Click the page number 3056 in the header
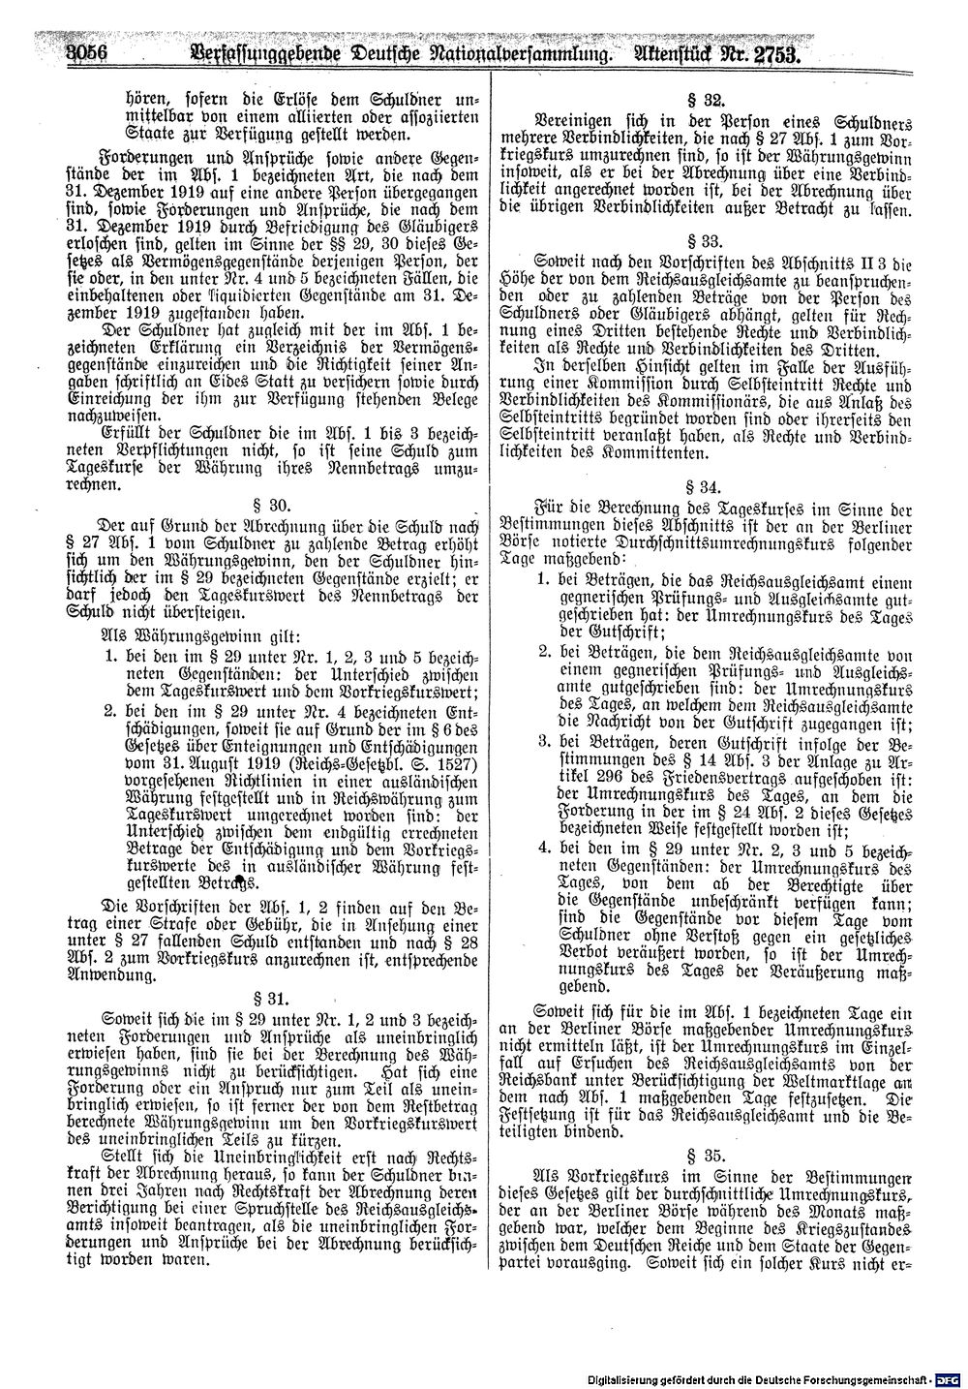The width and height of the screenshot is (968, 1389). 83,55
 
